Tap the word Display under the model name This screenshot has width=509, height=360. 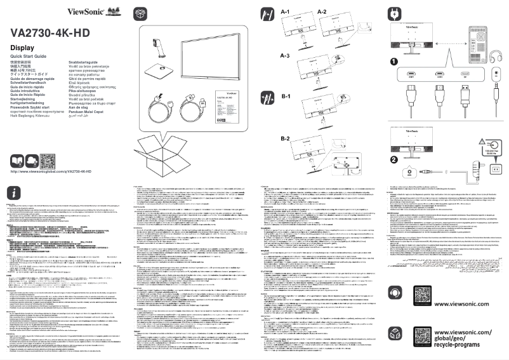pyautogui.click(x=22, y=49)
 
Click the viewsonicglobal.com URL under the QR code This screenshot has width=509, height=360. pyautogui.click(x=51, y=172)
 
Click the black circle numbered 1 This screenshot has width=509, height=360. pyautogui.click(x=394, y=62)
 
